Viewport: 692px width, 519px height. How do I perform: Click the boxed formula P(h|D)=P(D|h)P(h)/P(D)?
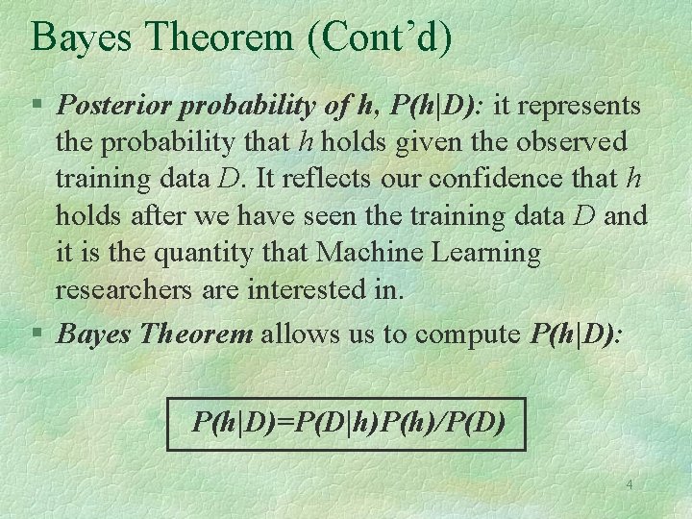(x=347, y=423)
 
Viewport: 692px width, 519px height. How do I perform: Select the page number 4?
(x=629, y=485)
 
